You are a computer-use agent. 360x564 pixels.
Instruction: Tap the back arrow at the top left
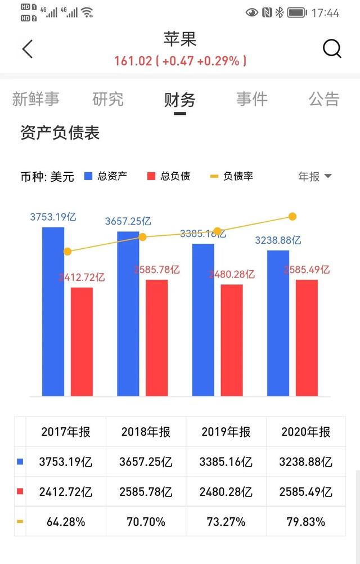[28, 49]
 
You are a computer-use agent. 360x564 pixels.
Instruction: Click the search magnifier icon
[332, 49]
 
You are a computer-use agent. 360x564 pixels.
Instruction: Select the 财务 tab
[180, 100]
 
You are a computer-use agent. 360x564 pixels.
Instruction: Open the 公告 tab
[324, 100]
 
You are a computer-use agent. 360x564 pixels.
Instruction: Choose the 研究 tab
[108, 100]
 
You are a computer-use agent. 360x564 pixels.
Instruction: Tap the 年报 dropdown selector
[314, 176]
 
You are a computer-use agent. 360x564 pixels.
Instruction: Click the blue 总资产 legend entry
[106, 176]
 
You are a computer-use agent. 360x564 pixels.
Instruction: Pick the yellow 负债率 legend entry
[231, 176]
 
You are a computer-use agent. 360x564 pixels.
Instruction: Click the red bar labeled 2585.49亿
[307, 338]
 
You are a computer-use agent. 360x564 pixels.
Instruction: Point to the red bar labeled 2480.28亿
[232, 340]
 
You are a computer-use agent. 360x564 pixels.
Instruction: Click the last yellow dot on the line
[292, 217]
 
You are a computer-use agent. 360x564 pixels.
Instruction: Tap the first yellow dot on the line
[67, 252]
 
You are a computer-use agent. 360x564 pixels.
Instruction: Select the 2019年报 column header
[226, 432]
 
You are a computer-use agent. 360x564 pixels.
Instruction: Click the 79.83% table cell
[305, 522]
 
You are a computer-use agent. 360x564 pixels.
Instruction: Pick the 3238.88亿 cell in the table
[305, 462]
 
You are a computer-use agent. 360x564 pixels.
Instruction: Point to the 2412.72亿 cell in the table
[66, 492]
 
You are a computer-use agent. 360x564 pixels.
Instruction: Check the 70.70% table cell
[146, 522]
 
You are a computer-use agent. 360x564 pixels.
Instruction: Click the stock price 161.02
[133, 61]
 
